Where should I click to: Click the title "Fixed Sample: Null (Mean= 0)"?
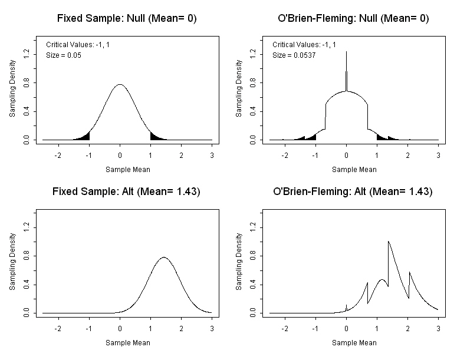[127, 19]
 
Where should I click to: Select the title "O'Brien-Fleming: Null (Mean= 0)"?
[353, 19]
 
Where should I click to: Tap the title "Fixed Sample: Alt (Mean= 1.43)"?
[127, 192]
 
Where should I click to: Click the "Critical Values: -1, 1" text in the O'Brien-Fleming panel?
[304, 45]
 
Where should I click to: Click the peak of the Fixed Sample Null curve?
[120, 85]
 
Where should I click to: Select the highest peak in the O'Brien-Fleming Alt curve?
[388, 242]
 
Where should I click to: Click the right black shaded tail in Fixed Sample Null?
[154, 137]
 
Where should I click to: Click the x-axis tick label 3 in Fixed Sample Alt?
[211, 329]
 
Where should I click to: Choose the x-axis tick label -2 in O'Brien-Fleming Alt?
[285, 329]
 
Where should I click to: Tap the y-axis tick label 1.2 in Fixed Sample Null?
[26, 53]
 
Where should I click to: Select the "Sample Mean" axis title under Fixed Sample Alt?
[127, 342]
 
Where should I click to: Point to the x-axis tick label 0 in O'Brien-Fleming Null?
[346, 156]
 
